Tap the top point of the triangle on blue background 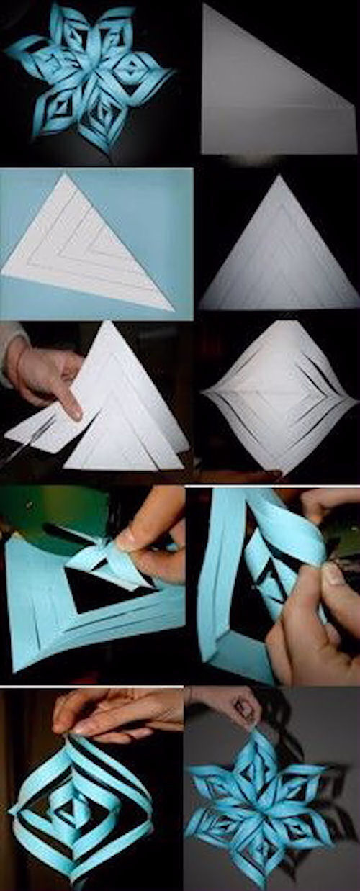click(x=69, y=175)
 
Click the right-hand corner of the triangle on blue click(x=173, y=309)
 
